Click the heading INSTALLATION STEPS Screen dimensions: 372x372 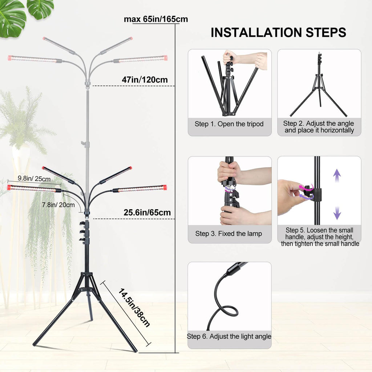click(278, 32)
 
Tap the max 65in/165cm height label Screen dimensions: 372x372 click(156, 19)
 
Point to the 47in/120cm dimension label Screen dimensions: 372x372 click(145, 80)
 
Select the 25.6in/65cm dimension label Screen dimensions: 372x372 click(147, 213)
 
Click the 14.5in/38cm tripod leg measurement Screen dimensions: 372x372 click(134, 308)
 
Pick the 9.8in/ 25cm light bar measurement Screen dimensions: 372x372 click(34, 179)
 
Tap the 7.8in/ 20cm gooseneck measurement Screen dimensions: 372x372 click(58, 205)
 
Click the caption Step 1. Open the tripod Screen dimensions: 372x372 click(229, 124)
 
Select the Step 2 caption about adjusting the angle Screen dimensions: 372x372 click(319, 127)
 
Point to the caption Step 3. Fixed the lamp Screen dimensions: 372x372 click(229, 234)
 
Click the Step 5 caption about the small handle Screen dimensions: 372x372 click(320, 237)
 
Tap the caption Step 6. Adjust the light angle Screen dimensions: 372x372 click(229, 336)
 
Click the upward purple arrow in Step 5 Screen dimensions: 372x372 click(337, 175)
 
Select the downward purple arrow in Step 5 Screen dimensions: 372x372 click(337, 213)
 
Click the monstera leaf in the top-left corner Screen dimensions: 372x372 click(12, 19)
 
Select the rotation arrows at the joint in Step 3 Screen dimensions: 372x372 click(229, 189)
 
